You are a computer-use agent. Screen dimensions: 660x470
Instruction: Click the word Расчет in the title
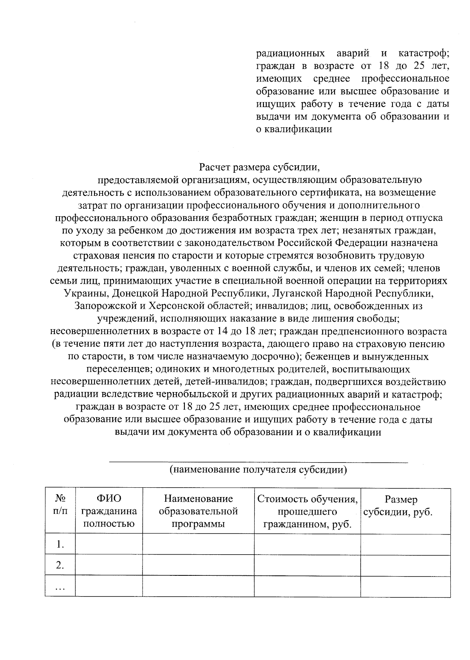pyautogui.click(x=214, y=168)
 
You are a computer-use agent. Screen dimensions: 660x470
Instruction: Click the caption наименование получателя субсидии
pyautogui.click(x=258, y=470)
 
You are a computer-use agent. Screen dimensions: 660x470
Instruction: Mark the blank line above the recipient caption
pyautogui.click(x=258, y=462)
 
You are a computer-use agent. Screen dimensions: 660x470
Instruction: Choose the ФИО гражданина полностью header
pyautogui.click(x=108, y=511)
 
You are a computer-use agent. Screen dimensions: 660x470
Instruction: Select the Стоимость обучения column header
pyautogui.click(x=307, y=511)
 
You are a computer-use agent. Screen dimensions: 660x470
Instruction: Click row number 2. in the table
pyautogui.click(x=60, y=565)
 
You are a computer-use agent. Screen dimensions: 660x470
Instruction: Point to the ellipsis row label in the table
pyautogui.click(x=60, y=586)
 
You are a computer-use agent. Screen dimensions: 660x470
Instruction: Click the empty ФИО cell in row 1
pyautogui.click(x=108, y=544)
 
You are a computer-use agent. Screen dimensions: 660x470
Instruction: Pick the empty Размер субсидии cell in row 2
pyautogui.click(x=405, y=565)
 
